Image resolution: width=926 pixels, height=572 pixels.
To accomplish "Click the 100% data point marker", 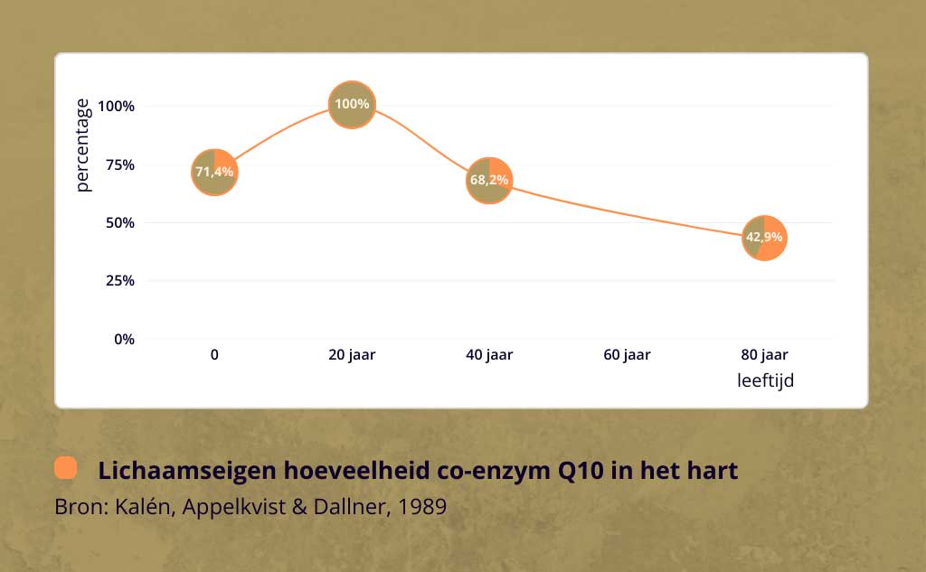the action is point(352,105).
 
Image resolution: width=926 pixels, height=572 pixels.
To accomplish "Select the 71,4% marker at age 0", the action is point(214,173).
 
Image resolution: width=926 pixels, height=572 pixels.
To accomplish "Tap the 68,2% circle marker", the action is point(489,181).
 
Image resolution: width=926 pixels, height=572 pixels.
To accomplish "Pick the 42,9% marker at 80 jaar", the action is point(764,238).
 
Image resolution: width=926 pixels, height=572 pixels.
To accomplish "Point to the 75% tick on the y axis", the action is point(120,164).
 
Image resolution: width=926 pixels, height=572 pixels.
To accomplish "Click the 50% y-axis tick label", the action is point(120,223).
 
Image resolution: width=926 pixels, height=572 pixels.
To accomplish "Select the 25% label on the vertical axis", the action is point(120,281).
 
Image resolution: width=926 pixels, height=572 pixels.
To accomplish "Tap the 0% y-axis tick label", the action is point(124,340).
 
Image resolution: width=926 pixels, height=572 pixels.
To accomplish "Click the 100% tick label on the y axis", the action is point(117,107).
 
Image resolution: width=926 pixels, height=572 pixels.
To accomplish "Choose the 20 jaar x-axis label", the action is point(352,355).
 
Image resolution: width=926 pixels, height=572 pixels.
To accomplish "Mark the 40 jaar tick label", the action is point(489,355).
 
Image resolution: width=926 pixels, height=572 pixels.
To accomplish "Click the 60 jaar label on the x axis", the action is point(628,355).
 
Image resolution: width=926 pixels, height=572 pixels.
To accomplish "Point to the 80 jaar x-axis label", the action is point(765,355).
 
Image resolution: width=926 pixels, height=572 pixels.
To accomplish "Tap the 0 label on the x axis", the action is point(214,355).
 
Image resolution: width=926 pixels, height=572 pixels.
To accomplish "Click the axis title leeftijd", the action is point(765,380).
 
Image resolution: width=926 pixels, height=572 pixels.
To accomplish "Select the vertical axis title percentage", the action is point(82,145).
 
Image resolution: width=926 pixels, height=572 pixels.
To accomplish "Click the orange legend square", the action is point(65,467).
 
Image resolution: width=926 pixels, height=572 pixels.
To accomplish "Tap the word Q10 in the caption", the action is point(581,471).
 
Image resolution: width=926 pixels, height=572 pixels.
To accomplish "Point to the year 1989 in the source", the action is point(422,506).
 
